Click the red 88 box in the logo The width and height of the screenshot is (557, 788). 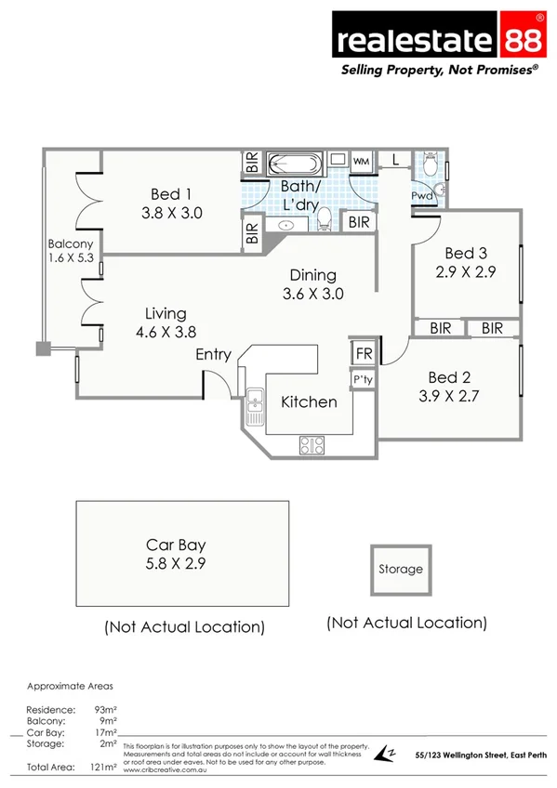(x=522, y=40)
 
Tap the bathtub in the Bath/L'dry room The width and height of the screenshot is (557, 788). (x=295, y=165)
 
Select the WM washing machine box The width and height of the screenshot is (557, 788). (x=360, y=161)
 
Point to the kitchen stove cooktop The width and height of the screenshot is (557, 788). (x=312, y=444)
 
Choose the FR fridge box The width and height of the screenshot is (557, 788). (x=362, y=355)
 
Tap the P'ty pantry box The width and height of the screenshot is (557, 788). (x=362, y=380)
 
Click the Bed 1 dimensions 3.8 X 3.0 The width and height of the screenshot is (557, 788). (x=171, y=212)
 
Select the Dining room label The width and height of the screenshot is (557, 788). (x=312, y=275)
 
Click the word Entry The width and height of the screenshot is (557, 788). (x=213, y=355)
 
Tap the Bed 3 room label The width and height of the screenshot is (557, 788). (x=465, y=253)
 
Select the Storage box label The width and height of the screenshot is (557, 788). (x=400, y=569)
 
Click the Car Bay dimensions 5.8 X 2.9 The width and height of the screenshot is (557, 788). (x=175, y=563)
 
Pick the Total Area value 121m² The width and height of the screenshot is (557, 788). (x=103, y=768)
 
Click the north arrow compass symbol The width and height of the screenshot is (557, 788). (x=385, y=755)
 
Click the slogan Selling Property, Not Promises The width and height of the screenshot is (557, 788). (x=440, y=70)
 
